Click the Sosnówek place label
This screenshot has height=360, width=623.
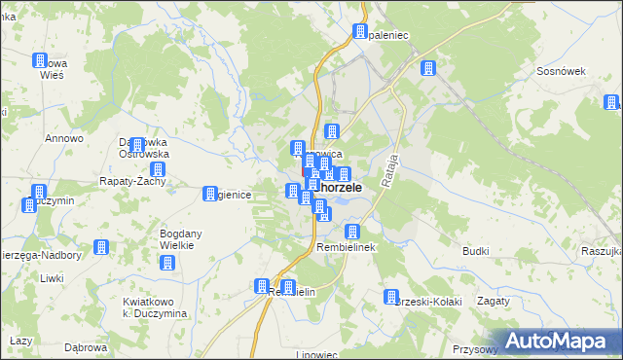560,72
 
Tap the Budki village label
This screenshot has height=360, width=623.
475,251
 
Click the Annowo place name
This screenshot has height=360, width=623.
61,138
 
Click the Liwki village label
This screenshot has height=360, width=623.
52,279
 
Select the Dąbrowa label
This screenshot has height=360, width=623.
85,346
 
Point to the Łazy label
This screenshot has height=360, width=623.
20,342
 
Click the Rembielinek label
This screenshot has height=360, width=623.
347,248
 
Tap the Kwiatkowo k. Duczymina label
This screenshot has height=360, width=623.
156,306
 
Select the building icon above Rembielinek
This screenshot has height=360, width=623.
352,232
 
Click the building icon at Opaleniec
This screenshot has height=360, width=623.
360,32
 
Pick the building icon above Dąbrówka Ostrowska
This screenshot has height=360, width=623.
136,145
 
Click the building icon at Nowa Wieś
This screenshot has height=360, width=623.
40,60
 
